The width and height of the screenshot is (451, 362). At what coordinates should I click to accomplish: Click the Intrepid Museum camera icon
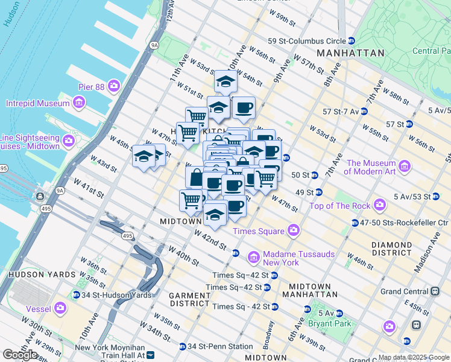click(x=78, y=103)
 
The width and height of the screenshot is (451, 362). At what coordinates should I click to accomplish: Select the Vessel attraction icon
click(x=60, y=308)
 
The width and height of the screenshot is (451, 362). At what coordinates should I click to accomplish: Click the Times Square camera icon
click(x=293, y=230)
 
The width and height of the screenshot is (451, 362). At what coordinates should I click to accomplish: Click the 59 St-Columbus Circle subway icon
click(x=352, y=40)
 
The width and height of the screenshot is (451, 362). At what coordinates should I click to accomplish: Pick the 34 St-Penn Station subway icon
click(x=182, y=346)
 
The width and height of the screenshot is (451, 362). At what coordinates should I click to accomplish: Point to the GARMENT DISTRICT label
click(x=189, y=299)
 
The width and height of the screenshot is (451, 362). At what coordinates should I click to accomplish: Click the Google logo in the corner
click(x=20, y=355)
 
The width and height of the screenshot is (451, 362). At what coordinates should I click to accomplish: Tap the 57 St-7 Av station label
click(x=341, y=112)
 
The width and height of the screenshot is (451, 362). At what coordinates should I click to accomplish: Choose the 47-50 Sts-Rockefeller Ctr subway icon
click(x=355, y=223)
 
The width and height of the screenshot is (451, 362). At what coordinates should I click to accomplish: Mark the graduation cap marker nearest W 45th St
click(x=143, y=157)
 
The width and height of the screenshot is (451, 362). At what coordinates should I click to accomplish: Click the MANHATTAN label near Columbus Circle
click(x=350, y=53)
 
